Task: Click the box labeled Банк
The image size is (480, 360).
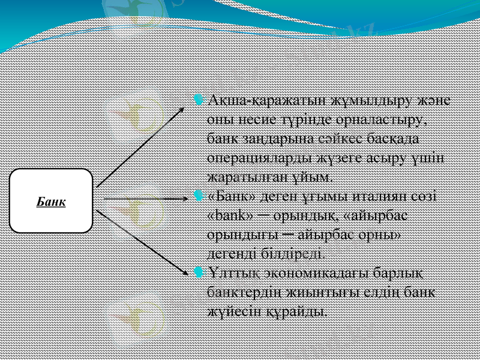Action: pyautogui.click(x=51, y=200)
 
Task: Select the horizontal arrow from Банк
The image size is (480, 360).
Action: pyautogui.click(x=144, y=197)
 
